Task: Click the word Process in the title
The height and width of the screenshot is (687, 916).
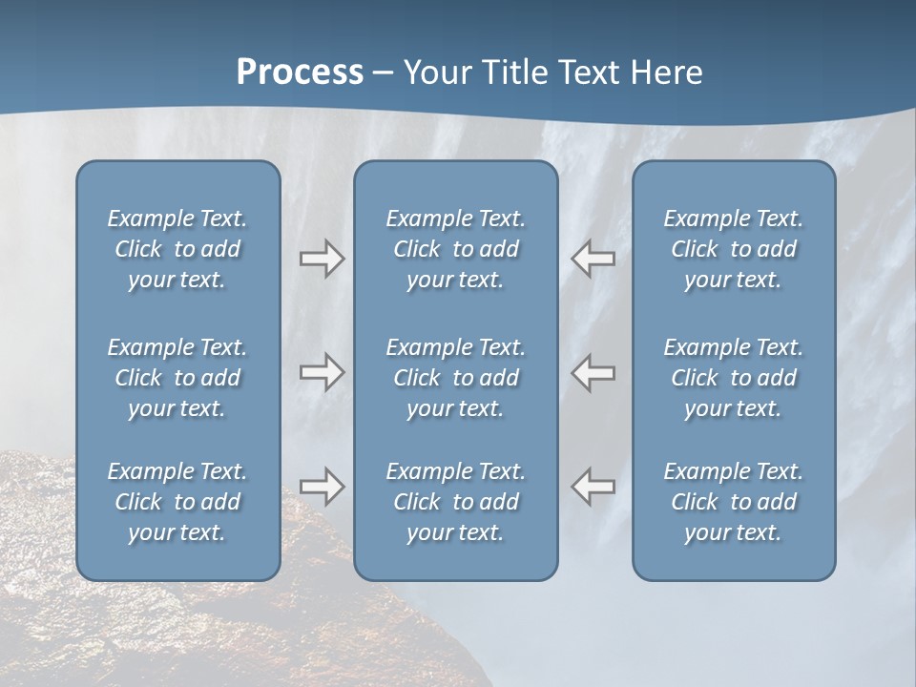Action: [x=300, y=73]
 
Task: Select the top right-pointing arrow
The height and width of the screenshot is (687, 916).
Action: [x=322, y=259]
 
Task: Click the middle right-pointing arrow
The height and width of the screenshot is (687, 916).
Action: [x=322, y=371]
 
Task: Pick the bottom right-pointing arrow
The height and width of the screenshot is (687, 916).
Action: [x=322, y=487]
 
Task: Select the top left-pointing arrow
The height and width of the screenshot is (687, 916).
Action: [x=593, y=259]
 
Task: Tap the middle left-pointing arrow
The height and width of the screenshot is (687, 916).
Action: [x=593, y=371]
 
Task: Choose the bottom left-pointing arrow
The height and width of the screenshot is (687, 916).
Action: [x=593, y=487]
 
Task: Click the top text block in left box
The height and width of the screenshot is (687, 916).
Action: [x=177, y=249]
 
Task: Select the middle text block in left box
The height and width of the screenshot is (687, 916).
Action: [x=177, y=378]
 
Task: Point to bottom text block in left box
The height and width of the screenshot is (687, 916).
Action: [x=177, y=502]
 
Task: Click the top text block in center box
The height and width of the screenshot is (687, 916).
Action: [x=455, y=249]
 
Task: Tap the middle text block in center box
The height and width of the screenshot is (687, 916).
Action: [x=455, y=378]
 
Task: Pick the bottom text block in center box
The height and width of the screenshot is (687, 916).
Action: [x=455, y=502]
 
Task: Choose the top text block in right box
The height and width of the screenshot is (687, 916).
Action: [x=733, y=249]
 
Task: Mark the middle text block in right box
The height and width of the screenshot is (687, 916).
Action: [x=733, y=378]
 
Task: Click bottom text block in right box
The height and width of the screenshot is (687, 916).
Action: [x=733, y=502]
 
